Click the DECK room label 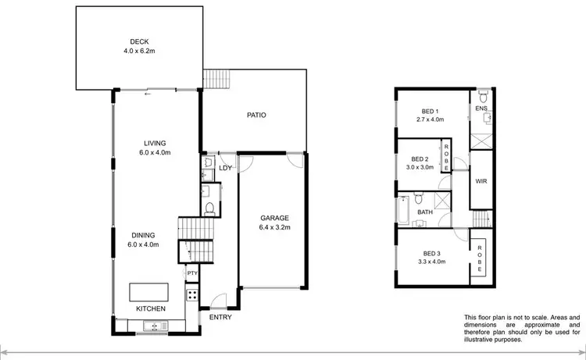pos(141,42)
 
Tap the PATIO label pos(255,115)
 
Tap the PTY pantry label pos(191,273)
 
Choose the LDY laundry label pos(225,167)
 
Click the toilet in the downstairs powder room pos(209,208)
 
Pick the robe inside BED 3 pos(480,258)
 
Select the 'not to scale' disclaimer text pos(522,329)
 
